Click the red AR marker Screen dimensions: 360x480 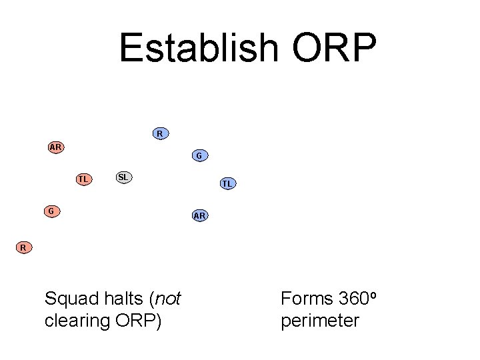pyautogui.click(x=56, y=147)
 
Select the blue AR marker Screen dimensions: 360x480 pyautogui.click(x=199, y=215)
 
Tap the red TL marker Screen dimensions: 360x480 pyautogui.click(x=83, y=179)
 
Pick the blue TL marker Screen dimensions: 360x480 pyautogui.click(x=227, y=183)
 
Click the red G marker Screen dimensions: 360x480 pyautogui.click(x=51, y=211)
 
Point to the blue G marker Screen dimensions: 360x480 pyautogui.click(x=199, y=156)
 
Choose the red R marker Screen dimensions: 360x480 pyautogui.click(x=23, y=248)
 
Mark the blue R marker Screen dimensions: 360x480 pyautogui.click(x=160, y=133)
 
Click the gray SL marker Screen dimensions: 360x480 pyautogui.click(x=123, y=177)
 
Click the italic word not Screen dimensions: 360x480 pyautogui.click(x=167, y=299)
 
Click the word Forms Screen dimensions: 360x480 pyautogui.click(x=307, y=299)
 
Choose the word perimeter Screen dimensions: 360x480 pyautogui.click(x=320, y=321)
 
